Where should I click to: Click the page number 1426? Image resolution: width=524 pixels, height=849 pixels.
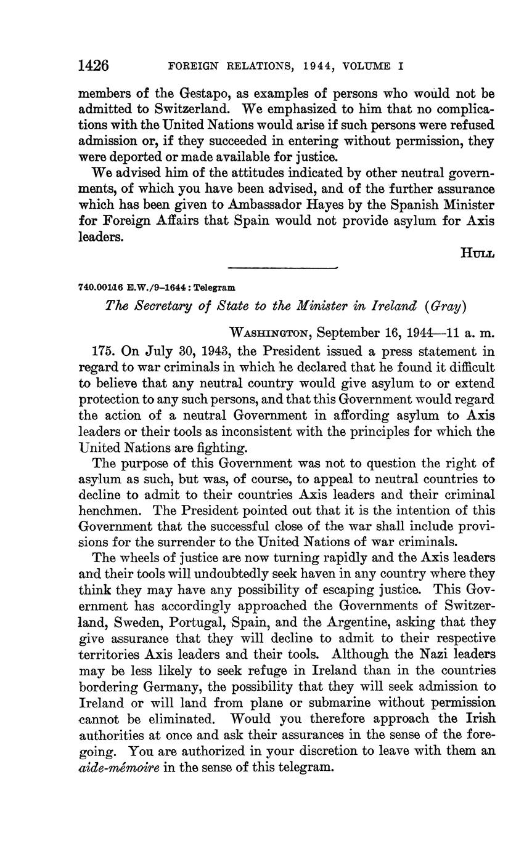94,65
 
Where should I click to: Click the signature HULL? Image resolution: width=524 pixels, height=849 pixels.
477,253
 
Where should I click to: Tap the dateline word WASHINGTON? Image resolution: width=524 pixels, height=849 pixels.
268,333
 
